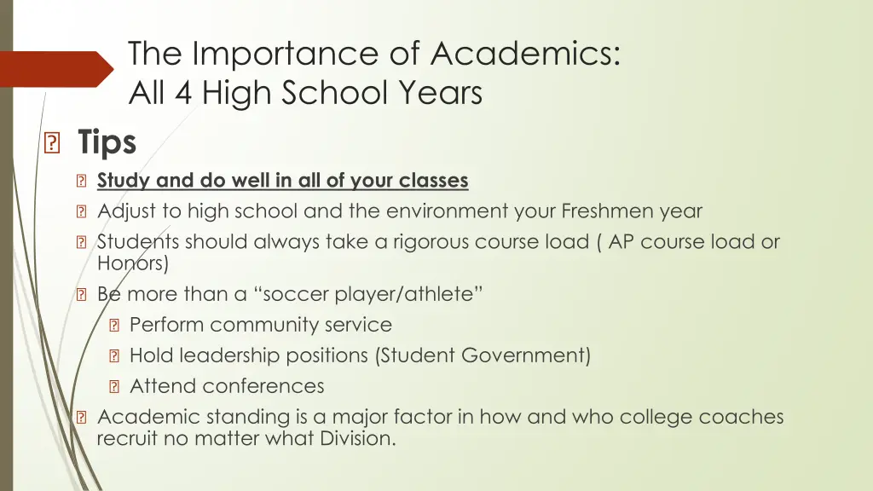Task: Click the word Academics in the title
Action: pyautogui.click(x=524, y=54)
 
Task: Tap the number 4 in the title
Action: pyautogui.click(x=182, y=93)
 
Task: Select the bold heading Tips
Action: pyautogui.click(x=107, y=142)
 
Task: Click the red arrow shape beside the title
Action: pyautogui.click(x=56, y=69)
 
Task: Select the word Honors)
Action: pyautogui.click(x=133, y=263)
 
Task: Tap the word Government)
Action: pyautogui.click(x=526, y=355)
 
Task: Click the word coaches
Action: pyautogui.click(x=741, y=418)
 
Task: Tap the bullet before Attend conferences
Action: pyautogui.click(x=113, y=387)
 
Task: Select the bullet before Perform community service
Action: pyautogui.click(x=113, y=326)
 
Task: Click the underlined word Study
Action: pyautogui.click(x=124, y=181)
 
